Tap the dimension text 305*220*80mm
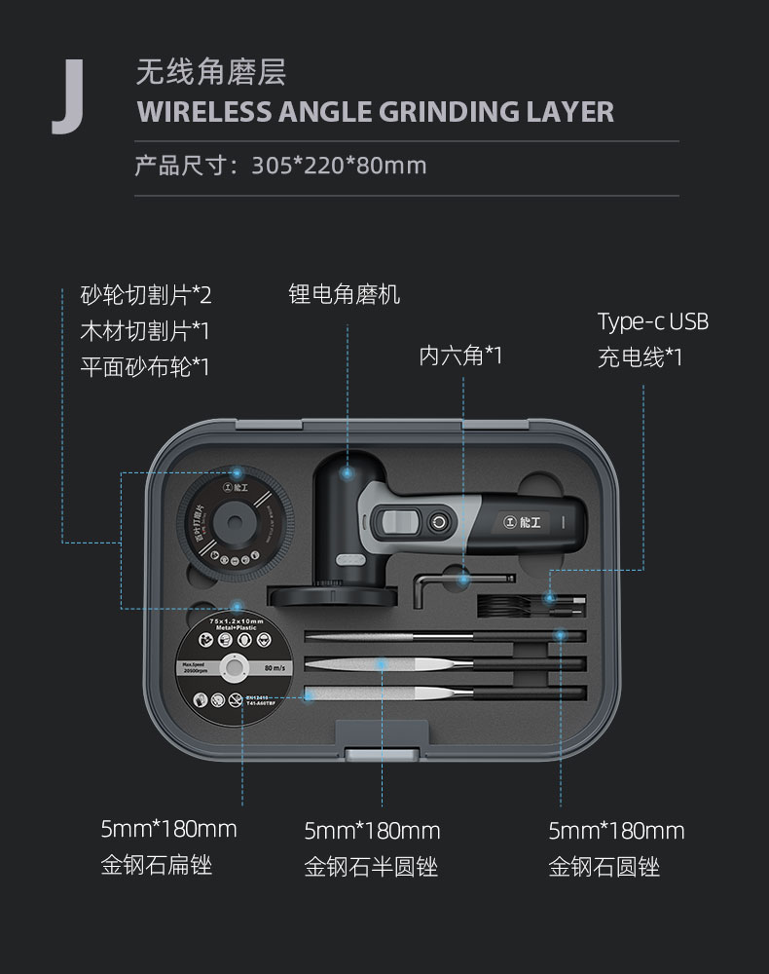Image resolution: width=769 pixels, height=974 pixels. pyautogui.click(x=339, y=165)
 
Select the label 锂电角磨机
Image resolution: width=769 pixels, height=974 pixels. pyautogui.click(x=345, y=293)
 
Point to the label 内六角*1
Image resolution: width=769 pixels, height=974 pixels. pyautogui.click(x=460, y=356)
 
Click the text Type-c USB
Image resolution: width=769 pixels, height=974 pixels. pyautogui.click(x=652, y=321)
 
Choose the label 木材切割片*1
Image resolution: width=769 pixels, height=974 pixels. pyautogui.click(x=145, y=330)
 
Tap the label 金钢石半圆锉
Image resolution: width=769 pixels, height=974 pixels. pyautogui.click(x=371, y=866)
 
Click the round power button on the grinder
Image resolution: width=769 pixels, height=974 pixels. pyautogui.click(x=441, y=522)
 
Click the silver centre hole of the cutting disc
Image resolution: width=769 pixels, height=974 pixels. pyautogui.click(x=233, y=666)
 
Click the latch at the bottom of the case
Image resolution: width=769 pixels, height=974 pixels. pyautogui.click(x=372, y=741)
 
